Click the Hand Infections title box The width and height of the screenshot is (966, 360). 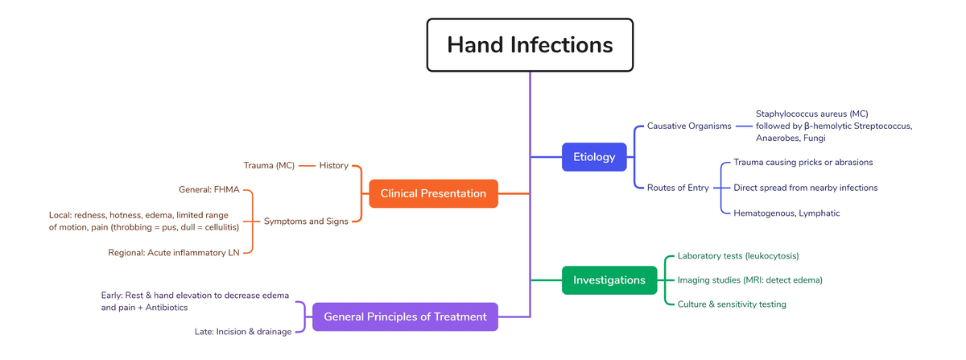pos(530,44)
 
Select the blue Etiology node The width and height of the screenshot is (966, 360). pos(593,157)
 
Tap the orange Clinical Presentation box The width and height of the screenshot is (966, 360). pos(433,193)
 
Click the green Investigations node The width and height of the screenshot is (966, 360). pos(609,280)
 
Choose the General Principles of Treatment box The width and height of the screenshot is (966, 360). pos(405,317)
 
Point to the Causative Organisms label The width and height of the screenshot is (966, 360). pos(689,126)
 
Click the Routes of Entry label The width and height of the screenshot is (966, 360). pos(678,188)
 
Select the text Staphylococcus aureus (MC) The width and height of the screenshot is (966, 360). pos(811,114)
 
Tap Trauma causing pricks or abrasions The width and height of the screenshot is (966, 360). pos(803,162)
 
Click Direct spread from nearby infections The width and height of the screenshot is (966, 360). pos(805,188)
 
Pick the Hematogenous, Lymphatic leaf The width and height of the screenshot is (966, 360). pos(786,213)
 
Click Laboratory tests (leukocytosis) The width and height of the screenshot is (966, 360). pos(738,255)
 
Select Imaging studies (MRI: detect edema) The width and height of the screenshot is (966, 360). pos(749,280)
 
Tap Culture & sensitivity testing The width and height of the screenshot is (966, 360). pos(732,304)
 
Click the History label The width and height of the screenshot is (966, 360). pos(333,165)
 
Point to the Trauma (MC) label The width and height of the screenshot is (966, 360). pos(269,165)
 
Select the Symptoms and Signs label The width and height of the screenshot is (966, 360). pos(306,221)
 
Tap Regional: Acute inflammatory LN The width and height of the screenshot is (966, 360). pos(174,253)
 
